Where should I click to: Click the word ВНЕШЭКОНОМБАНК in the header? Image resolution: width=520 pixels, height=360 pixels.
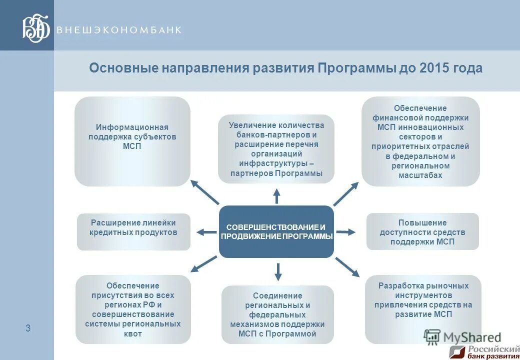click(x=119, y=30)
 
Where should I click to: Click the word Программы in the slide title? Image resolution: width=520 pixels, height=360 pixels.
click(x=356, y=68)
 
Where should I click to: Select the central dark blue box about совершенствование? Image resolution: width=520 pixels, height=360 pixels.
click(x=276, y=231)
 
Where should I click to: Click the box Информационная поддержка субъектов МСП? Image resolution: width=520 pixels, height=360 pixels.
click(x=132, y=141)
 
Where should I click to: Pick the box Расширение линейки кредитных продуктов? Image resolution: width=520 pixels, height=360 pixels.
click(x=133, y=231)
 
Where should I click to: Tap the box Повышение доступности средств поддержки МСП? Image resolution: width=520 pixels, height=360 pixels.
click(x=422, y=231)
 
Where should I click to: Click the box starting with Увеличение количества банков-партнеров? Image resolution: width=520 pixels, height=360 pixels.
click(x=276, y=149)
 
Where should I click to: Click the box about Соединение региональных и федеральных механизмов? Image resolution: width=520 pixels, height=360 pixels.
click(x=277, y=314)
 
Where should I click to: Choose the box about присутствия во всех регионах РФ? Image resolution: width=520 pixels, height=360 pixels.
click(x=133, y=309)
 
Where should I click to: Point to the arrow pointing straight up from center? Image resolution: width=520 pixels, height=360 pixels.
click(x=276, y=195)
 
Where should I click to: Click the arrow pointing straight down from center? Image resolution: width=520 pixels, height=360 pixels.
click(x=278, y=270)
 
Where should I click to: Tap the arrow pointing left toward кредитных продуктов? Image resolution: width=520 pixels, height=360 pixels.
click(x=206, y=232)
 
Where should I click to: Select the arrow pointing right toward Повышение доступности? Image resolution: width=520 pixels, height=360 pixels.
click(x=346, y=232)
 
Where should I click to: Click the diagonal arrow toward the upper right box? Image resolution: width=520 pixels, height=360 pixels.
click(x=346, y=193)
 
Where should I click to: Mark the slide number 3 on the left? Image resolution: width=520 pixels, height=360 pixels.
click(x=28, y=328)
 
